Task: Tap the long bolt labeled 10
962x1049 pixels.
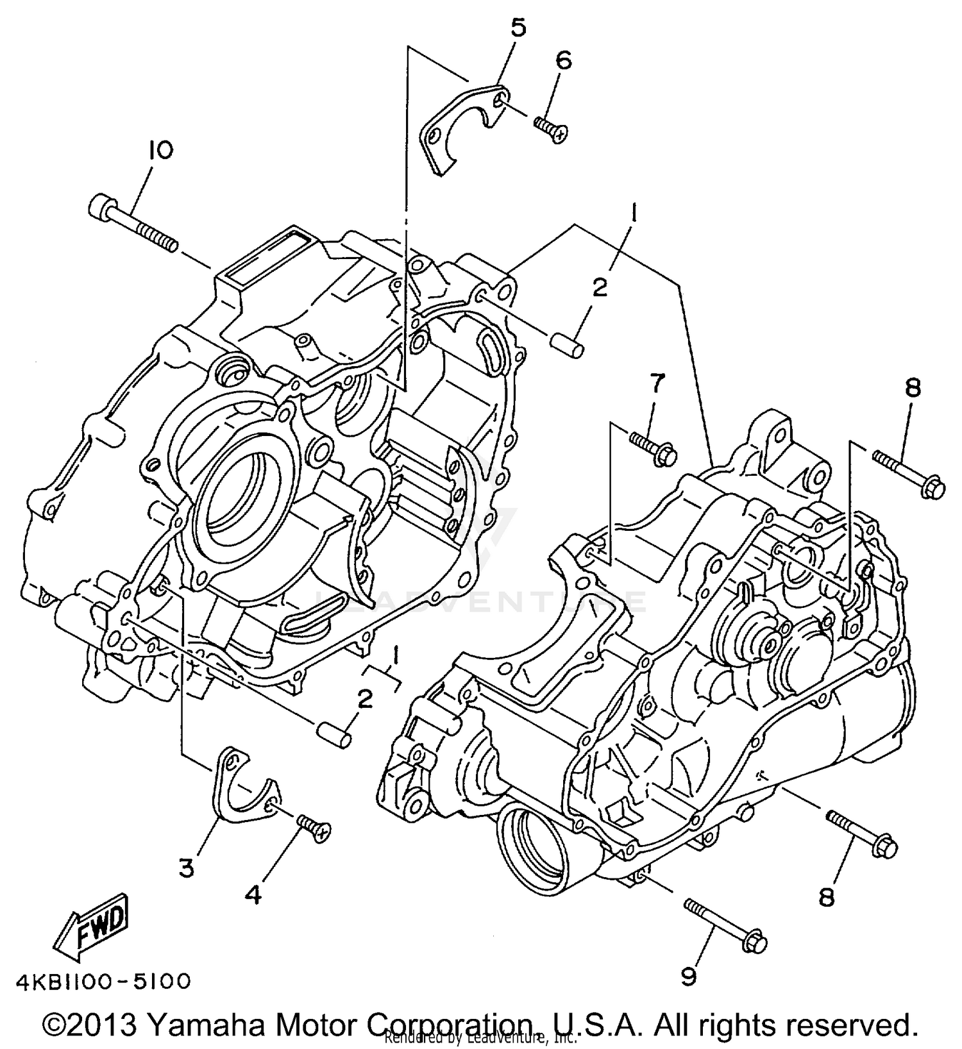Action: coord(131,225)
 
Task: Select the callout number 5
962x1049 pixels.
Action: coord(518,28)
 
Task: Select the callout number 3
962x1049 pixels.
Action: coord(186,869)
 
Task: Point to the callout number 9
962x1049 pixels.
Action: coord(688,977)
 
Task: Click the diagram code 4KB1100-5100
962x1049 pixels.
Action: coord(103,982)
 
